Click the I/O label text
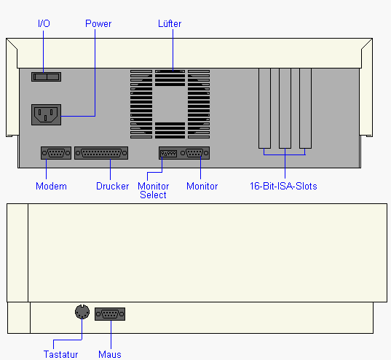[44, 23]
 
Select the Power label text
[98, 24]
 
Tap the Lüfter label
[170, 24]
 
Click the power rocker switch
[46, 77]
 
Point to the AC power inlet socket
[46, 115]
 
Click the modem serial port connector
[56, 153]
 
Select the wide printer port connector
[101, 153]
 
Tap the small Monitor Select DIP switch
[169, 153]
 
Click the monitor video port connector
[194, 153]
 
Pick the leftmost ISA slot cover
[264, 109]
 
